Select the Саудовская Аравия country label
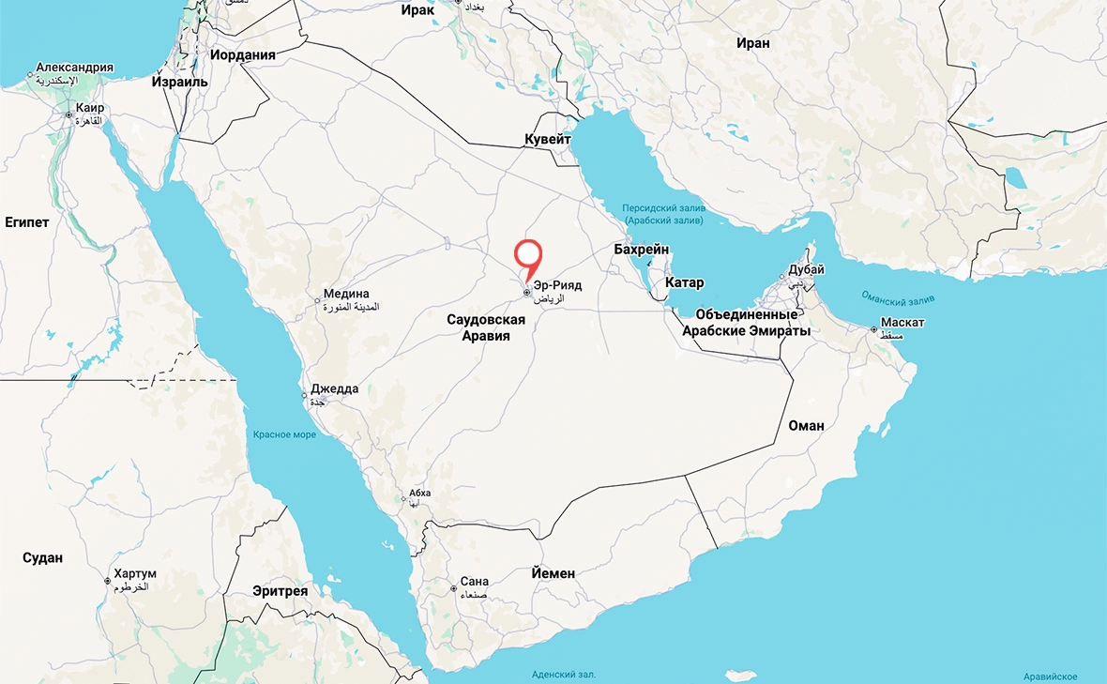pyautogui.click(x=485, y=327)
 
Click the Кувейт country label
pyautogui.click(x=547, y=139)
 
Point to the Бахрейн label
pyautogui.click(x=641, y=250)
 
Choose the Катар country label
pyautogui.click(x=684, y=282)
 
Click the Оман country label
pyautogui.click(x=806, y=425)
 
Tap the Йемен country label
pyautogui.click(x=553, y=572)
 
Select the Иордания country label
pyautogui.click(x=243, y=54)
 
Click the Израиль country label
pyautogui.click(x=179, y=82)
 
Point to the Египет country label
pyautogui.click(x=27, y=222)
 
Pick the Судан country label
pyautogui.click(x=42, y=557)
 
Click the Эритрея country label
pyautogui.click(x=281, y=591)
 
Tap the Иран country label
pyautogui.click(x=752, y=43)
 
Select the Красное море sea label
pyautogui.click(x=284, y=434)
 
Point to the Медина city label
pyautogui.click(x=346, y=294)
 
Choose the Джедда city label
pyautogui.click(x=336, y=389)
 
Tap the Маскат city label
pyautogui.click(x=902, y=323)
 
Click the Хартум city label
pyautogui.click(x=134, y=573)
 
